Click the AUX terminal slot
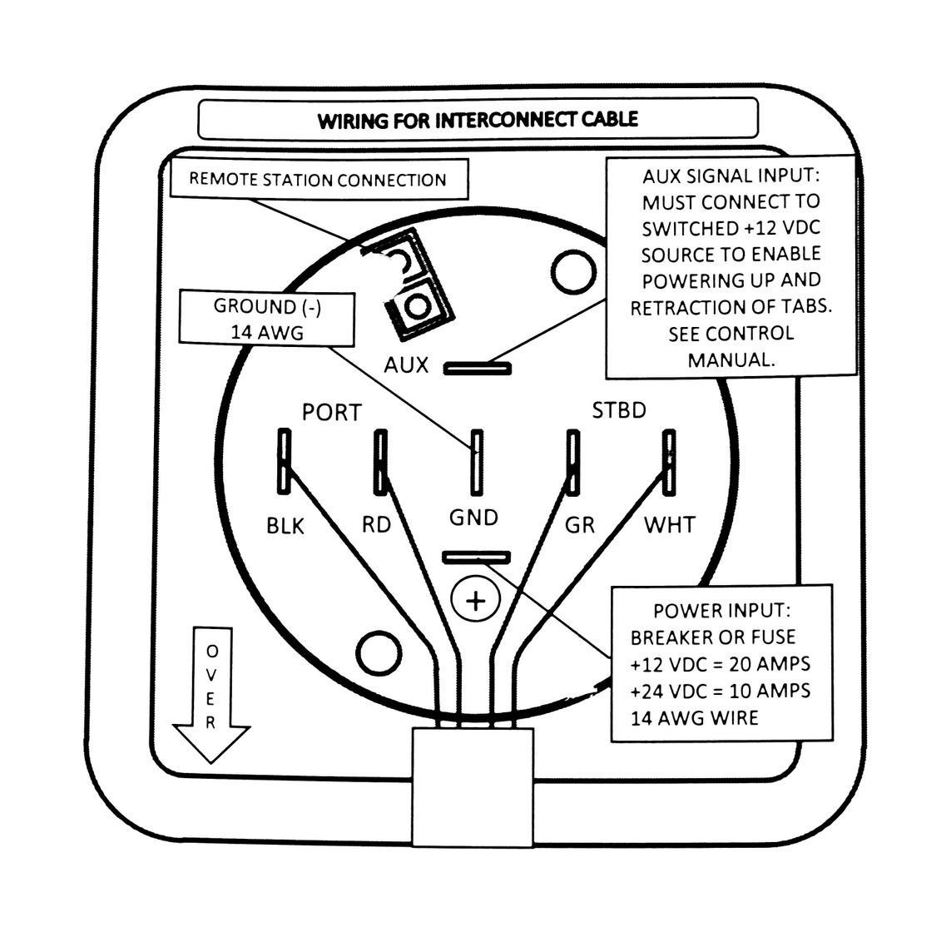click(478, 368)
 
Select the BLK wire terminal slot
click(284, 460)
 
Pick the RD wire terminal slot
click(380, 460)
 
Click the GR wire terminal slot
click(572, 462)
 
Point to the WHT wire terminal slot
click(669, 462)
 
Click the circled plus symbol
click(476, 601)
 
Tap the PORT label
click(332, 413)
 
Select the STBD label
click(619, 411)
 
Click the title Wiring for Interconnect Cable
click(478, 120)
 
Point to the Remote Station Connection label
click(319, 180)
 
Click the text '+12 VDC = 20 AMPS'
click(720, 664)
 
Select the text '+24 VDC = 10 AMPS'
click(720, 692)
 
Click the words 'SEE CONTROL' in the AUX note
click(731, 334)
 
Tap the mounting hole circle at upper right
click(573, 272)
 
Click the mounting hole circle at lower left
click(379, 653)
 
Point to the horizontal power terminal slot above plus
click(477, 557)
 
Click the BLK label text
click(285, 526)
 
